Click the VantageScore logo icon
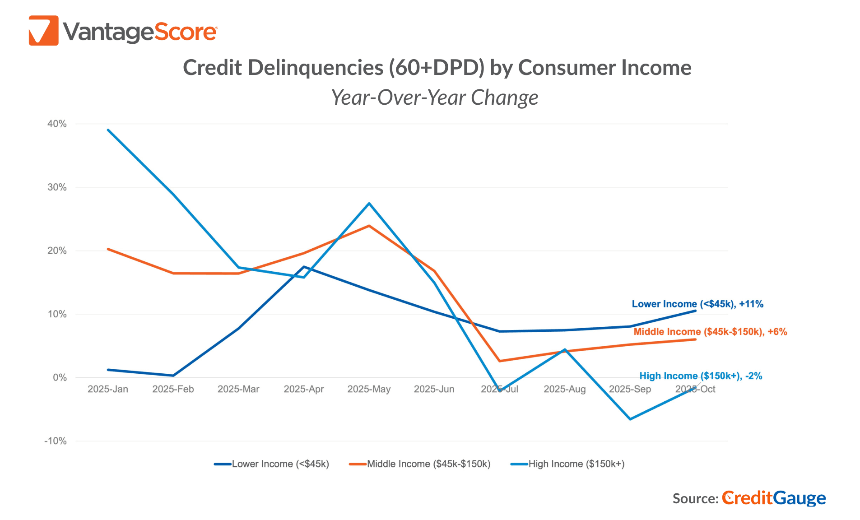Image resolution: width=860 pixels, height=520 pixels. pyautogui.click(x=43, y=31)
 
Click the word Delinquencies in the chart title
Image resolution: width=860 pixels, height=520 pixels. pyautogui.click(x=315, y=68)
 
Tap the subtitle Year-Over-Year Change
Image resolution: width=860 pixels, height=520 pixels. pyautogui.click(x=434, y=97)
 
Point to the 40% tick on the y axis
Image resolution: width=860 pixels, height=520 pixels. pyautogui.click(x=57, y=124)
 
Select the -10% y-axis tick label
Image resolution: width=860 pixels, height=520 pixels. pyautogui.click(x=55, y=441)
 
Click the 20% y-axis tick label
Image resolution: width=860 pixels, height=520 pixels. pyautogui.click(x=57, y=251)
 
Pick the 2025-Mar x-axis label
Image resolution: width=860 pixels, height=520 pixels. pyautogui.click(x=238, y=389)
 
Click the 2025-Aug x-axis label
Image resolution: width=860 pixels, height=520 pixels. pyautogui.click(x=564, y=389)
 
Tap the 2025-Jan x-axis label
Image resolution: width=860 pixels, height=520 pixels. pyautogui.click(x=108, y=389)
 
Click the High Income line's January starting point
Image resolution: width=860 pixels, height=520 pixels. pyautogui.click(x=108, y=130)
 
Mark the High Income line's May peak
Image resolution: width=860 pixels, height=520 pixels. pyautogui.click(x=369, y=204)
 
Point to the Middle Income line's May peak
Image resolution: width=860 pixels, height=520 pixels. pyautogui.click(x=369, y=226)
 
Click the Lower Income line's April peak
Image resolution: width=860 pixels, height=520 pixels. pyautogui.click(x=304, y=267)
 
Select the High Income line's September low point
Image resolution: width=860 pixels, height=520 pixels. pyautogui.click(x=630, y=419)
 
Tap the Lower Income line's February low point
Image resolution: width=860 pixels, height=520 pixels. pyautogui.click(x=173, y=376)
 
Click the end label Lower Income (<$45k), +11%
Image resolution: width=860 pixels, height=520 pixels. pyautogui.click(x=697, y=304)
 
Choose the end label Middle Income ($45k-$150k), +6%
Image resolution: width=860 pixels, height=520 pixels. pyautogui.click(x=710, y=332)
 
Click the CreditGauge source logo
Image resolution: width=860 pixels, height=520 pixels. pyautogui.click(x=773, y=498)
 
